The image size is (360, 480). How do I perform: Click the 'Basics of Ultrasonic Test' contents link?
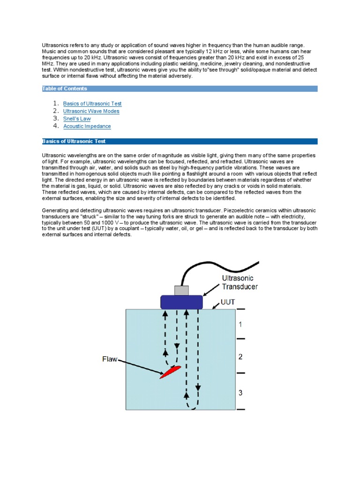point(92,104)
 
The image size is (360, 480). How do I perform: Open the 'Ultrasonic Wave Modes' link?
point(91,111)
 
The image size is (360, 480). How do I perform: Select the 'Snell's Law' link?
point(77,119)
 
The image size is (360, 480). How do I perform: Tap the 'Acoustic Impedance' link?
point(87,126)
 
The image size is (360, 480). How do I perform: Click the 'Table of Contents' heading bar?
point(180,88)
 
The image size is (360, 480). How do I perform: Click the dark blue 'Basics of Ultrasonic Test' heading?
point(180,141)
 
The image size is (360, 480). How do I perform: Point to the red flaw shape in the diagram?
point(169,372)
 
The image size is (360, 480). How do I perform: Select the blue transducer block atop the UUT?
point(181,302)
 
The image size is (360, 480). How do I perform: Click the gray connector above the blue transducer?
point(181,290)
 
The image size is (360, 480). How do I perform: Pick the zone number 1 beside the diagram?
point(240,324)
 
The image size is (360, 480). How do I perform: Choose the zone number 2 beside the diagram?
point(240,357)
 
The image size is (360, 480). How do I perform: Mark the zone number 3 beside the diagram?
point(240,392)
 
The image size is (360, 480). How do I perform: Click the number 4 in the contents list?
point(55,126)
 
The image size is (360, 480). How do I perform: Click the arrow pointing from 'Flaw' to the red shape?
point(141,367)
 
